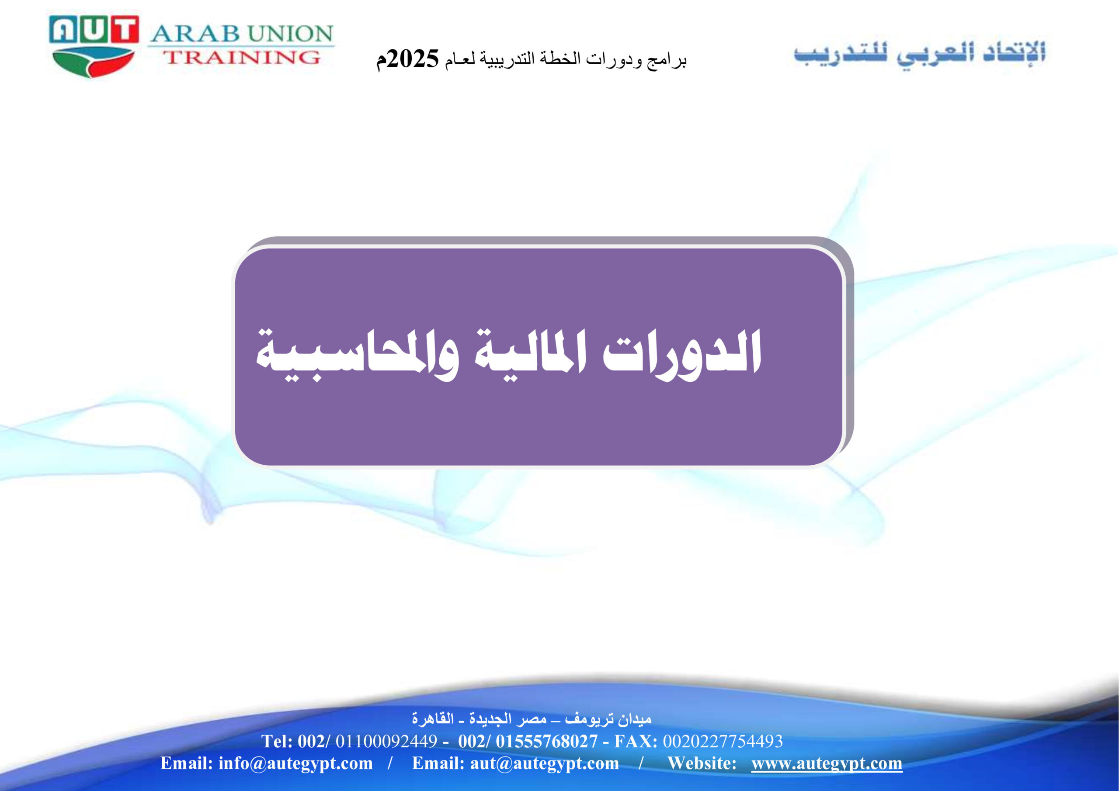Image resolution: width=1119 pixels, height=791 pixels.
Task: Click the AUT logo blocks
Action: coord(94,29)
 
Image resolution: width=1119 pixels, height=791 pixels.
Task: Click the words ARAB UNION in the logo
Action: coord(242,34)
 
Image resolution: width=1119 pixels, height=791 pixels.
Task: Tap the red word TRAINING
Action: coord(242,58)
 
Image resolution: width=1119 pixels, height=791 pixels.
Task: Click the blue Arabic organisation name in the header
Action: coord(919,54)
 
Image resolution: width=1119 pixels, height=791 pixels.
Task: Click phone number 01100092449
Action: coord(386,741)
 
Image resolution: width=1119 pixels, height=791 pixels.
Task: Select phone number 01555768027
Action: coord(546,741)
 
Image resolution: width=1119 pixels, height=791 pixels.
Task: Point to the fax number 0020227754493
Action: coord(723,741)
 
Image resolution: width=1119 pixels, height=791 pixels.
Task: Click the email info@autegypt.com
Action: coord(295,763)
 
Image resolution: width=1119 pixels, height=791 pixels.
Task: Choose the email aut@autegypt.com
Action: coord(544,763)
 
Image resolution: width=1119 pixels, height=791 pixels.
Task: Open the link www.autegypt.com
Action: coord(827,763)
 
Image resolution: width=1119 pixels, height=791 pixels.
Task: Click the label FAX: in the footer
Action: coord(636,741)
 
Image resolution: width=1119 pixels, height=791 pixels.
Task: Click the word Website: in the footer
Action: coord(702,763)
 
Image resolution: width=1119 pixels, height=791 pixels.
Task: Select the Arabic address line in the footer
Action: coord(531,718)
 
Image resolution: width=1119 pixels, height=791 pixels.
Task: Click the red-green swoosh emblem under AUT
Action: coord(93,62)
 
